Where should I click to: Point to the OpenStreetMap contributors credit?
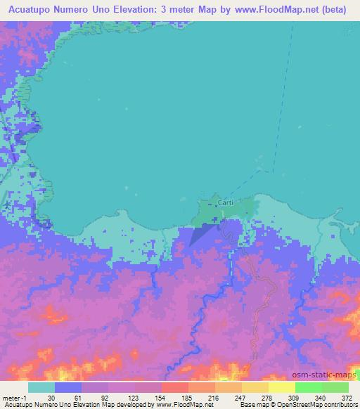309,405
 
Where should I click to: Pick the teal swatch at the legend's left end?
41,387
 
